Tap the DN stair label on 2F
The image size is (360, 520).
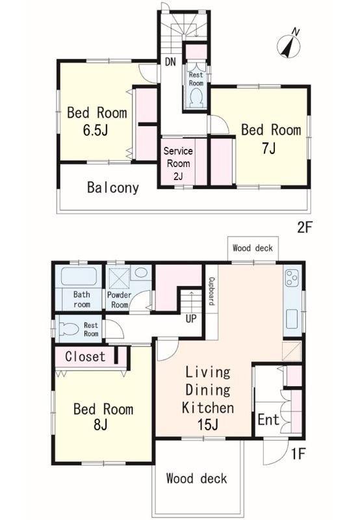[x=170, y=62]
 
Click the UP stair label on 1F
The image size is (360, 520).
[x=191, y=318]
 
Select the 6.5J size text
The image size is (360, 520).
[x=96, y=131]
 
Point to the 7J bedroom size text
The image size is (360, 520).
[x=268, y=148]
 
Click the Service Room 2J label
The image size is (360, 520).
[x=178, y=164]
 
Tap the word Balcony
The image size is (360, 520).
[x=112, y=188]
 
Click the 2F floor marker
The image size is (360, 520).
[x=304, y=228]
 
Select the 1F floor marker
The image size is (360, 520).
[x=298, y=454]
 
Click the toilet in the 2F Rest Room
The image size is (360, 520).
[x=196, y=98]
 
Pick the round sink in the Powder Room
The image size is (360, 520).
[x=141, y=272]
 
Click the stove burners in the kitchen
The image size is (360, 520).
[x=292, y=278]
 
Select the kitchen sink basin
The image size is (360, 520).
[x=292, y=318]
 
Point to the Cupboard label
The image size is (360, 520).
[x=211, y=291]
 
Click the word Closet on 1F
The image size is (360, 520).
[x=85, y=356]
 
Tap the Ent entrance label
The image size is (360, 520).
[x=268, y=420]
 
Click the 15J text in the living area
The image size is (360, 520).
[x=207, y=424]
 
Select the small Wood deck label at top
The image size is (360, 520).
[x=253, y=248]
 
